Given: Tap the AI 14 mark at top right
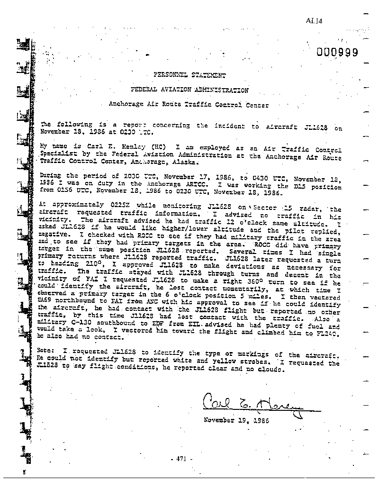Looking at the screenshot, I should (x=314, y=20).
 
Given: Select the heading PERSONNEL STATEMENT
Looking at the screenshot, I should (x=189, y=75).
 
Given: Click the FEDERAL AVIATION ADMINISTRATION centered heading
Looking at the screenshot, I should (x=189, y=90).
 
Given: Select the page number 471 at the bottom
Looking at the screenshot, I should (x=182, y=458).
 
